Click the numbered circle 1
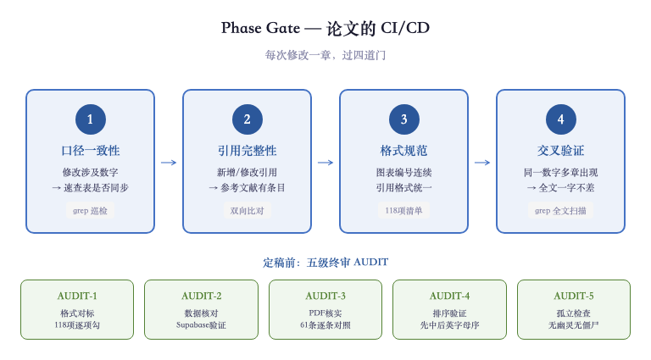(x=90, y=119)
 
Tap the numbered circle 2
(x=247, y=119)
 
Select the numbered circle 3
(x=403, y=119)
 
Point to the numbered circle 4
(x=560, y=119)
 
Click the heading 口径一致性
(x=90, y=151)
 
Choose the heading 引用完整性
(x=247, y=151)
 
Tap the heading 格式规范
(x=403, y=151)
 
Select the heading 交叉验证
(x=560, y=151)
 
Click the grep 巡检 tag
(x=90, y=210)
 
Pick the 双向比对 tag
(x=247, y=210)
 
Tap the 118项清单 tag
(x=403, y=210)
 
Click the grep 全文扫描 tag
(x=560, y=210)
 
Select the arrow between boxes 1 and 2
(x=169, y=162)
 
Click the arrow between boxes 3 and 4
(x=482, y=162)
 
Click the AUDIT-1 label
(x=77, y=296)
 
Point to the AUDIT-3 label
(x=325, y=296)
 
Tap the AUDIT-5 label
(x=574, y=296)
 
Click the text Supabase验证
(x=201, y=324)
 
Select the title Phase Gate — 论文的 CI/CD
(x=325, y=28)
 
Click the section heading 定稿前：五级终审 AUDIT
(x=325, y=263)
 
